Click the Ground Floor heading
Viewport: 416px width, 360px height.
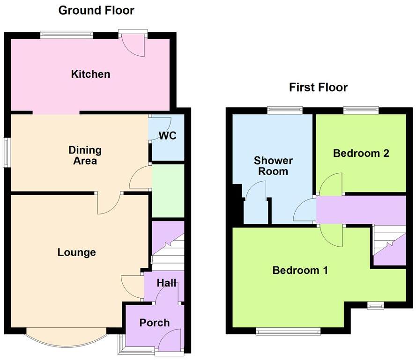click(96, 10)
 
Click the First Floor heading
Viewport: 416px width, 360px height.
click(318, 87)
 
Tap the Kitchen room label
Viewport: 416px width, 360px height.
click(90, 74)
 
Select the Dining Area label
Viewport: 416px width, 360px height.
click(85, 155)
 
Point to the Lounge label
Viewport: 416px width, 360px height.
click(76, 253)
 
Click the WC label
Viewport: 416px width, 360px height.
click(168, 136)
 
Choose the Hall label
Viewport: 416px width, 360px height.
click(166, 283)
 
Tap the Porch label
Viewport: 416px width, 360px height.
click(154, 323)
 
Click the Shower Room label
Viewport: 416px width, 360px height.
click(273, 166)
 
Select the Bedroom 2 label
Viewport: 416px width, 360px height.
click(361, 153)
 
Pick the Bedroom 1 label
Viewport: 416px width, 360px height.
click(300, 270)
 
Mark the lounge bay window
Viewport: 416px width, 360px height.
click(66, 338)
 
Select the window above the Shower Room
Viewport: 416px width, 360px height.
click(284, 110)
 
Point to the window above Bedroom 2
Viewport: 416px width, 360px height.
click(361, 110)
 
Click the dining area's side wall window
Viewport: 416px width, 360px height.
click(6, 152)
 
